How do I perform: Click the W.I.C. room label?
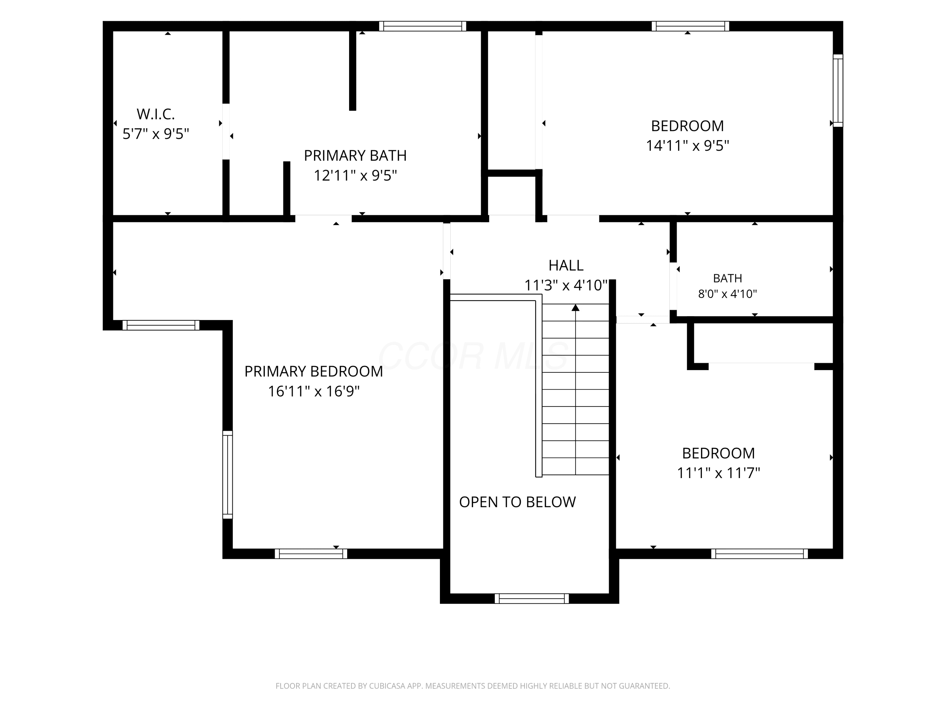156,114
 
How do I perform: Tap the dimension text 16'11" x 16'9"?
313,391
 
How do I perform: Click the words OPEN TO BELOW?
517,502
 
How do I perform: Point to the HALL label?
566,265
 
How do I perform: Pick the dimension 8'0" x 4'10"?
727,294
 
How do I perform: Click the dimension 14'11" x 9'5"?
687,145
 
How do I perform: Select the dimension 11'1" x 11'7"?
718,473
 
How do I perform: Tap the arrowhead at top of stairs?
575,308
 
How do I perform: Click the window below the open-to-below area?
532,598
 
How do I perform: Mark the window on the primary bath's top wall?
423,26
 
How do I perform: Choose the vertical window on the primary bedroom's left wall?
228,475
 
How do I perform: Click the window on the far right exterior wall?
838,91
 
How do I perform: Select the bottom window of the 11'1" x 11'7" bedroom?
760,554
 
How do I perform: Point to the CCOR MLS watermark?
473,356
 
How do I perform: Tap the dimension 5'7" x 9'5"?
156,134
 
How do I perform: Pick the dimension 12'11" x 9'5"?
355,175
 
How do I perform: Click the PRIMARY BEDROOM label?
313,371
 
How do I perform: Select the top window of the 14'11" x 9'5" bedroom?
690,26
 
